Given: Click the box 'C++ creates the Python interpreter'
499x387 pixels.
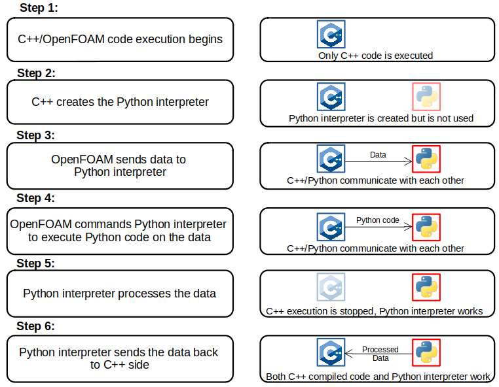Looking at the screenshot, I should tap(120, 102).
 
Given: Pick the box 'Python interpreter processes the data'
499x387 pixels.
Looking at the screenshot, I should tap(120, 294).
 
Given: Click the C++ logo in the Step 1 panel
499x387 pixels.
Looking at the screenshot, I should tap(331, 34).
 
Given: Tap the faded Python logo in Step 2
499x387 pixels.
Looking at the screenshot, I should tap(426, 96).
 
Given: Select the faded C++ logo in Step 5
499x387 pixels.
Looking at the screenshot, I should tap(331, 287).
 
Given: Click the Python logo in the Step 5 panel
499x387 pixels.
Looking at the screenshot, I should tap(426, 287).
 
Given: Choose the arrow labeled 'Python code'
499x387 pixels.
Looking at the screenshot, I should tap(379, 226).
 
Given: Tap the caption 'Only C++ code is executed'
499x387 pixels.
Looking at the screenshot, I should tap(375, 56).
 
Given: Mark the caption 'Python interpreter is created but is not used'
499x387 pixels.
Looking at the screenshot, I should tap(380, 118).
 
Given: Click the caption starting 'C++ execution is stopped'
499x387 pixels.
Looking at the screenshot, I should tap(375, 311).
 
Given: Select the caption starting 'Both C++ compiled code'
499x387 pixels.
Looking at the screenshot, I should tap(377, 377).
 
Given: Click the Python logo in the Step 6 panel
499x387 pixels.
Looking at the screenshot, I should tap(426, 352).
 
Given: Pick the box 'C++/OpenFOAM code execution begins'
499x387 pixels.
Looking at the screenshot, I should tap(120, 39).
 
